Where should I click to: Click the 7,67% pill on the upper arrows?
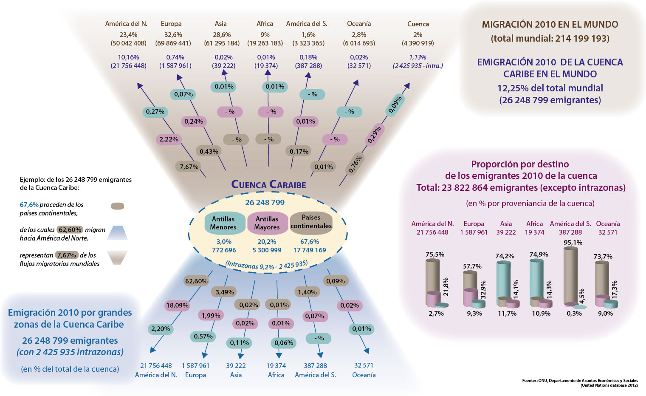(x=189, y=167)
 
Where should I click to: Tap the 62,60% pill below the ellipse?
(x=196, y=281)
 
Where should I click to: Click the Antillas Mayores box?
(x=268, y=223)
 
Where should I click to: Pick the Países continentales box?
(x=311, y=222)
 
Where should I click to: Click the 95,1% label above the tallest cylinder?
(x=573, y=243)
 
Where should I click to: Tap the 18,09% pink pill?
(x=177, y=305)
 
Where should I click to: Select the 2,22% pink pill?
(x=169, y=139)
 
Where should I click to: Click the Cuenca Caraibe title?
(x=268, y=184)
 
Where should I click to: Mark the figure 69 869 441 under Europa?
(x=173, y=43)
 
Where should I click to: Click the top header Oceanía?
(x=359, y=24)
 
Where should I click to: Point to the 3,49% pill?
(x=225, y=292)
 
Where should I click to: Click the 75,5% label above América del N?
(x=435, y=255)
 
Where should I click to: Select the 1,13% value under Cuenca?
(x=418, y=57)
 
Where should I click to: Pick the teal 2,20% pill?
(x=161, y=329)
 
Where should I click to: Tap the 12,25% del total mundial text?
(x=550, y=88)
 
